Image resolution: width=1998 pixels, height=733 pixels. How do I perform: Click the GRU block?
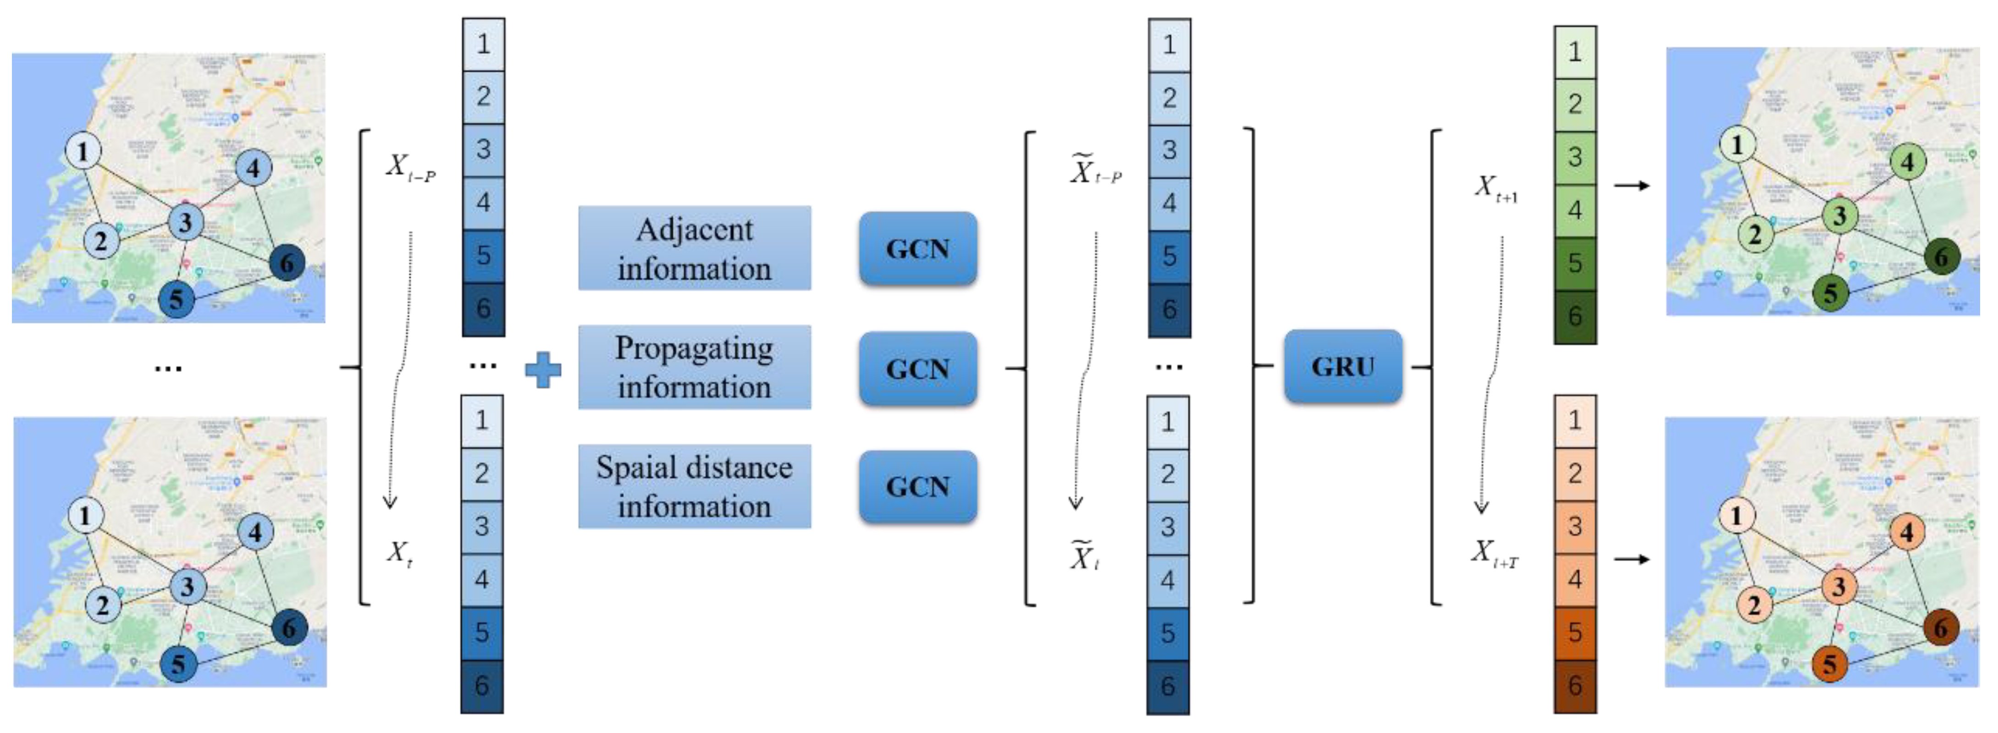point(1342,366)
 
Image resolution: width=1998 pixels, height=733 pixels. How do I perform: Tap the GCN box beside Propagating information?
point(917,369)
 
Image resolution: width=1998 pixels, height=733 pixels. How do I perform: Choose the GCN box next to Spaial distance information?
point(917,486)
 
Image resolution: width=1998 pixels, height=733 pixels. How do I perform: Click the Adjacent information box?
point(694,248)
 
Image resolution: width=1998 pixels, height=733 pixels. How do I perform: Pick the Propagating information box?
point(694,367)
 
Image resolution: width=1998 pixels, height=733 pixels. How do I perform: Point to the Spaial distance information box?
point(694,486)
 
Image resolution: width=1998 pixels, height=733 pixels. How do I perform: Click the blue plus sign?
point(543,369)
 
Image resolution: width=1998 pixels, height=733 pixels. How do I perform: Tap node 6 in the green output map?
point(1941,257)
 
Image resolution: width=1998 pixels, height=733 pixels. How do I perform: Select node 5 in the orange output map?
point(1829,664)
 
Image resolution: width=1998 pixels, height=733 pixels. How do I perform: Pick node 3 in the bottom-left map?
point(187,586)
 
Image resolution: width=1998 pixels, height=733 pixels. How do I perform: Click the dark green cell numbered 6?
point(1574,316)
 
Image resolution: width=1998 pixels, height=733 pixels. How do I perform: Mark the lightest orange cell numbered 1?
point(1574,420)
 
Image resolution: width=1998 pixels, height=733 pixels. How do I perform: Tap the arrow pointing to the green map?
point(1631,185)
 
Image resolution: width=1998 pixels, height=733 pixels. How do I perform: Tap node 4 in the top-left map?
point(253,167)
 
